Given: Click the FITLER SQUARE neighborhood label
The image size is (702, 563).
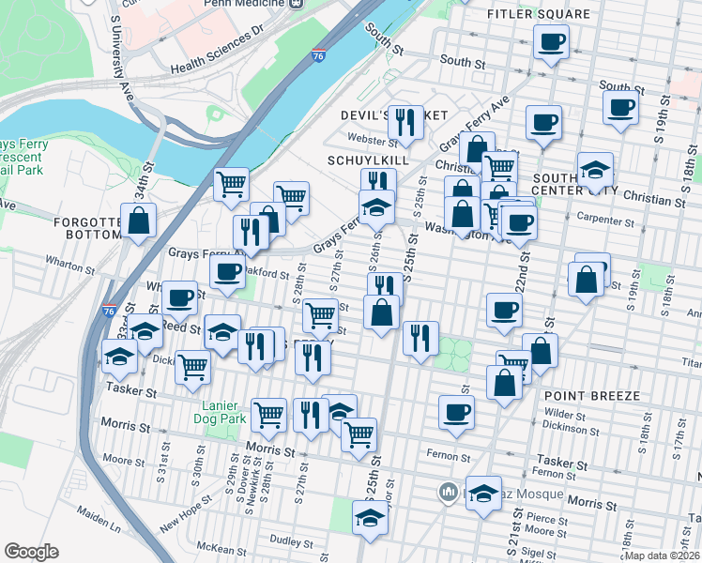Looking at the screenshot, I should coord(539,14).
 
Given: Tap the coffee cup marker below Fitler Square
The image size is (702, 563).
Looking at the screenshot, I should coord(552,42).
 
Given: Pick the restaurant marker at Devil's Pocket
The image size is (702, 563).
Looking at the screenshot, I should coord(405,121).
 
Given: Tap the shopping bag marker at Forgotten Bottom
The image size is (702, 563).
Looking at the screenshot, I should coord(139,221).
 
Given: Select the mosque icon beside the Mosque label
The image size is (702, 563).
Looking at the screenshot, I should coord(450,492).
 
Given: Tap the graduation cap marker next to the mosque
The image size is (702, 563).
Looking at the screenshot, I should coord(483,493).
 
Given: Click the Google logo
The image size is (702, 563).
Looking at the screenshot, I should coord(31,552).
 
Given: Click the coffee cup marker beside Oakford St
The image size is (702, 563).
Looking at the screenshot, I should coord(227,273).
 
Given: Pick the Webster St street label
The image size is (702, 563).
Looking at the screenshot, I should coord(374,141).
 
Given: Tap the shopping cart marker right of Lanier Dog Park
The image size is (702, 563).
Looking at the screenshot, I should coord(269,414).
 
